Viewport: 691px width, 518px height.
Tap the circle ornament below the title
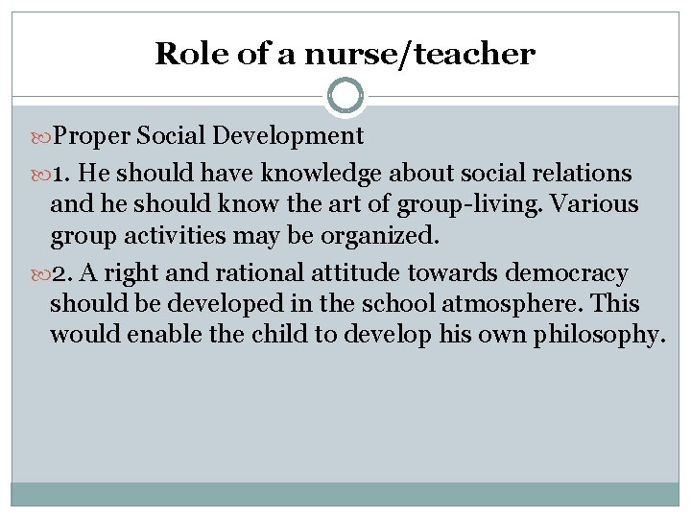tap(345, 96)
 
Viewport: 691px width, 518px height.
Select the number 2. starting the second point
tap(63, 273)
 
